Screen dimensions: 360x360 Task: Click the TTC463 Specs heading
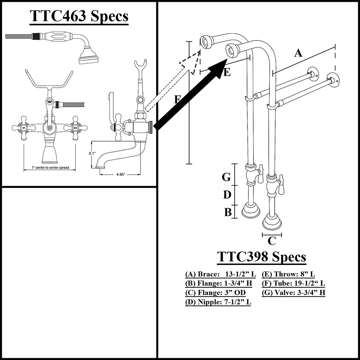pos(78,16)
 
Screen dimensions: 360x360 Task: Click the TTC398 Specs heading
pos(262,257)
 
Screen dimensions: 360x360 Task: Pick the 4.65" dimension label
pos(120,174)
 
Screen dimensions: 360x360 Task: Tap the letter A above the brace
pos(298,53)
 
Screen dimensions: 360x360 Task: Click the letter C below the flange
pos(272,240)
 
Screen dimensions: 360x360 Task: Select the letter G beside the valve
pos(226,177)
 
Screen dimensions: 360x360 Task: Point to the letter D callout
pos(227,195)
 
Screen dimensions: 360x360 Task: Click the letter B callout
pos(228,212)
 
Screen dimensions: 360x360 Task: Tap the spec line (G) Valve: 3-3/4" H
pos(294,293)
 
